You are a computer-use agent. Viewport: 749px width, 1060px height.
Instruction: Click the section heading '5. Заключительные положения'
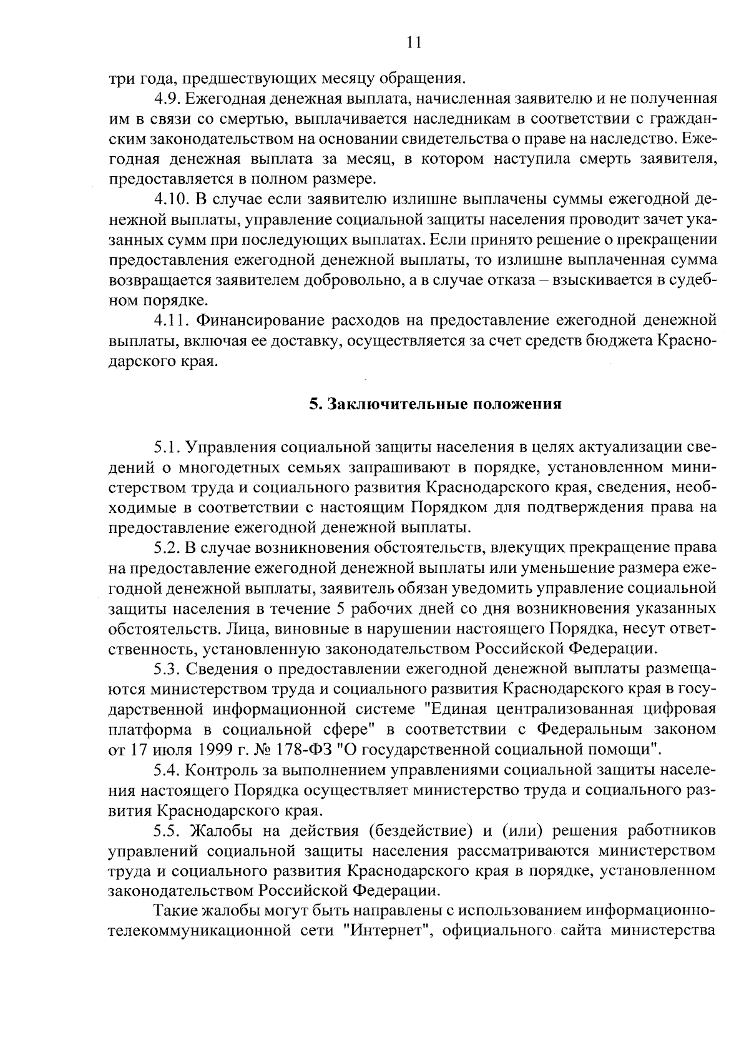coord(435,404)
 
